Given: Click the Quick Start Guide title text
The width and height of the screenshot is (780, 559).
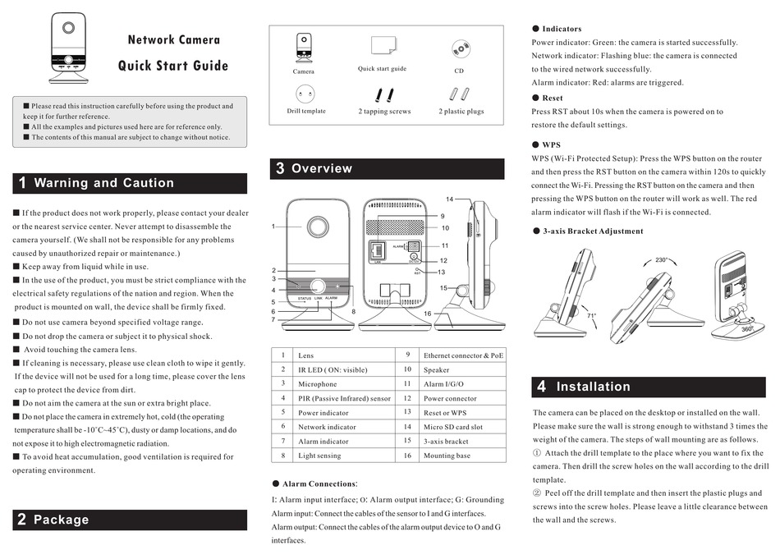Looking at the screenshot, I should coord(173,66).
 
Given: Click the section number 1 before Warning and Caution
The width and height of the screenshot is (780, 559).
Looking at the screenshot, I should coord(22,183).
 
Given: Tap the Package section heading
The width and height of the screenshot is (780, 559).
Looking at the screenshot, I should coord(61,520).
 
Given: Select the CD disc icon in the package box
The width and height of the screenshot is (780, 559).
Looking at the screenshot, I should coord(460,48).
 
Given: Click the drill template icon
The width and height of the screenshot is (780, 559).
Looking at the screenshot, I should coord(305,94).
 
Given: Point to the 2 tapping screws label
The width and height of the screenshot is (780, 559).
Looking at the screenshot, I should coord(384,111).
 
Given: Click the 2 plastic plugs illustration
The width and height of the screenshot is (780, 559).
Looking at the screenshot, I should coord(461,93).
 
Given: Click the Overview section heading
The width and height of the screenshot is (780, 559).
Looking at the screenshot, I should coord(321,168).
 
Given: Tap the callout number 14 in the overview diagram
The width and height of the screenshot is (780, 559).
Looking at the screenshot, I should coord(450,199).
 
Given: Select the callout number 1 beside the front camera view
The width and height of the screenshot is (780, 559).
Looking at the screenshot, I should coord(274,226).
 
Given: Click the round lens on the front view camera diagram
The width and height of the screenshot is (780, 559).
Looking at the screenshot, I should coord(317,227).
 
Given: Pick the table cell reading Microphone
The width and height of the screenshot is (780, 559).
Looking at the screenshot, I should coord(318,383).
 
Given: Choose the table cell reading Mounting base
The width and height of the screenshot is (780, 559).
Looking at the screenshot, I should coord(447,455).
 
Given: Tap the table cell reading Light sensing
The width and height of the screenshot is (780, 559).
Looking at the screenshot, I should coord(319,455).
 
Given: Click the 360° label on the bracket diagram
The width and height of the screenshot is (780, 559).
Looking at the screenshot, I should coord(747,328).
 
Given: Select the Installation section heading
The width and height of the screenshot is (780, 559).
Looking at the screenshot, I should coord(593,387).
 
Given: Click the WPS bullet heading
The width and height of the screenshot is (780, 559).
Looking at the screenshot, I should coord(551,144).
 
